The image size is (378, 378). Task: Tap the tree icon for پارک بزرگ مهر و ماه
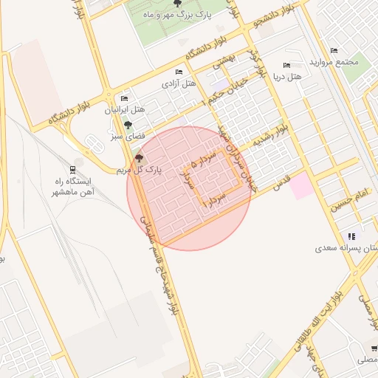(175, 4)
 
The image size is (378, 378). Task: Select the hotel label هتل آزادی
(179, 84)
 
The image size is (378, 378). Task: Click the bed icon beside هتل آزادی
(179, 72)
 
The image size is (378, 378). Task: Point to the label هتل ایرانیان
(125, 110)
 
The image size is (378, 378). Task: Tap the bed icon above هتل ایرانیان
(125, 98)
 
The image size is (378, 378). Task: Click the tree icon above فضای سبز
(128, 125)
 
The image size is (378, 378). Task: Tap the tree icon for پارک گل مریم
(140, 157)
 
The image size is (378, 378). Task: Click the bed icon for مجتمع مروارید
(334, 51)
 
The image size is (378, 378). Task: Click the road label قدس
(281, 183)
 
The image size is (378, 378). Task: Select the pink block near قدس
(301, 186)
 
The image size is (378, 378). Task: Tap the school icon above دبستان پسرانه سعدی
(351, 237)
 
